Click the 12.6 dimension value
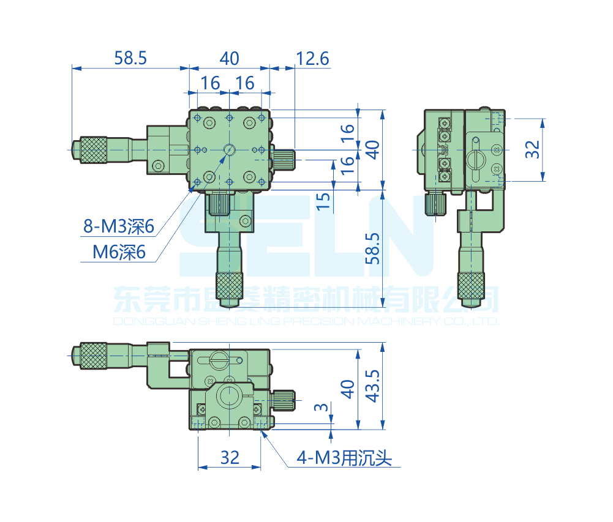click(x=312, y=59)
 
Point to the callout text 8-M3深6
click(x=118, y=227)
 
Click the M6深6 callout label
click(x=119, y=252)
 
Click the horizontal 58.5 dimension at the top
click(x=131, y=59)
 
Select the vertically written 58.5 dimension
click(x=372, y=248)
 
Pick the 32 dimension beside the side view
click(x=534, y=149)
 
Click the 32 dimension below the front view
click(x=230, y=457)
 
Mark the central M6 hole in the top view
click(x=230, y=149)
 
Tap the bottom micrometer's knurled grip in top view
click(x=230, y=287)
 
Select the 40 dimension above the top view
click(x=229, y=59)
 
